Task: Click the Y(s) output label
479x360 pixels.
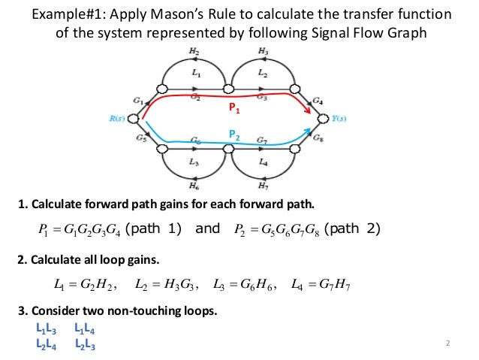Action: (x=340, y=118)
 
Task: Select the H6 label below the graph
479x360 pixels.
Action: (x=194, y=186)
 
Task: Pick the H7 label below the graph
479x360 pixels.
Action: (x=264, y=186)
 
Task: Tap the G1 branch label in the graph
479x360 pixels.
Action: (x=137, y=100)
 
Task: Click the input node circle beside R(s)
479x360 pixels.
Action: (x=133, y=118)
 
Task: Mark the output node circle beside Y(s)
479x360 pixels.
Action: (x=324, y=118)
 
